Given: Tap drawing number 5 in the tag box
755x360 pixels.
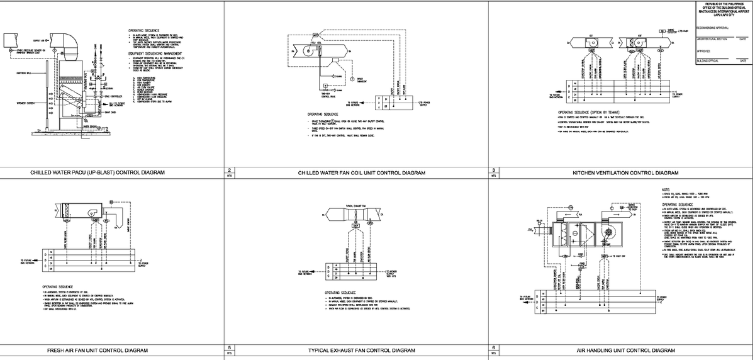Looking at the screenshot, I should [230, 347].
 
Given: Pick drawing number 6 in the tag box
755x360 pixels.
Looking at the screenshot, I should [495, 347].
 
